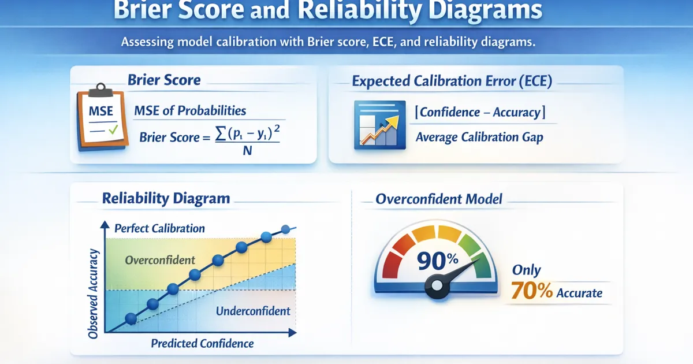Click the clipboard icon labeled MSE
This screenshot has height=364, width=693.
102,117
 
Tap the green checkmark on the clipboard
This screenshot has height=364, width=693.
113,129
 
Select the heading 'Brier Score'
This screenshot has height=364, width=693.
164,80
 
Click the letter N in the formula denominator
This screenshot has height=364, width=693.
247,151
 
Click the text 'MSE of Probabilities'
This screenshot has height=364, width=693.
190,110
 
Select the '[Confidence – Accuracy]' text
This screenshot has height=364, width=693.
480,112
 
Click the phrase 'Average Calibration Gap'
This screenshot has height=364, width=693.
479,137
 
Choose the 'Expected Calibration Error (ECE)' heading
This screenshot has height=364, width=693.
452,81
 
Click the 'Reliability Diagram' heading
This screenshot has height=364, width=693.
166,198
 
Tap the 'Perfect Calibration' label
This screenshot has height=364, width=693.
159,228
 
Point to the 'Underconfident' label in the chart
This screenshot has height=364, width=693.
253,311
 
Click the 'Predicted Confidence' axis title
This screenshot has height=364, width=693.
202,344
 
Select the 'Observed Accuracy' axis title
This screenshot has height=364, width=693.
93,294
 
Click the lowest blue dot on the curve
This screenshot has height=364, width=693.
131,318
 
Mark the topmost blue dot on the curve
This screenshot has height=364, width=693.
285,229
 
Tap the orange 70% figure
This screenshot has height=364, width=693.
531,291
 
